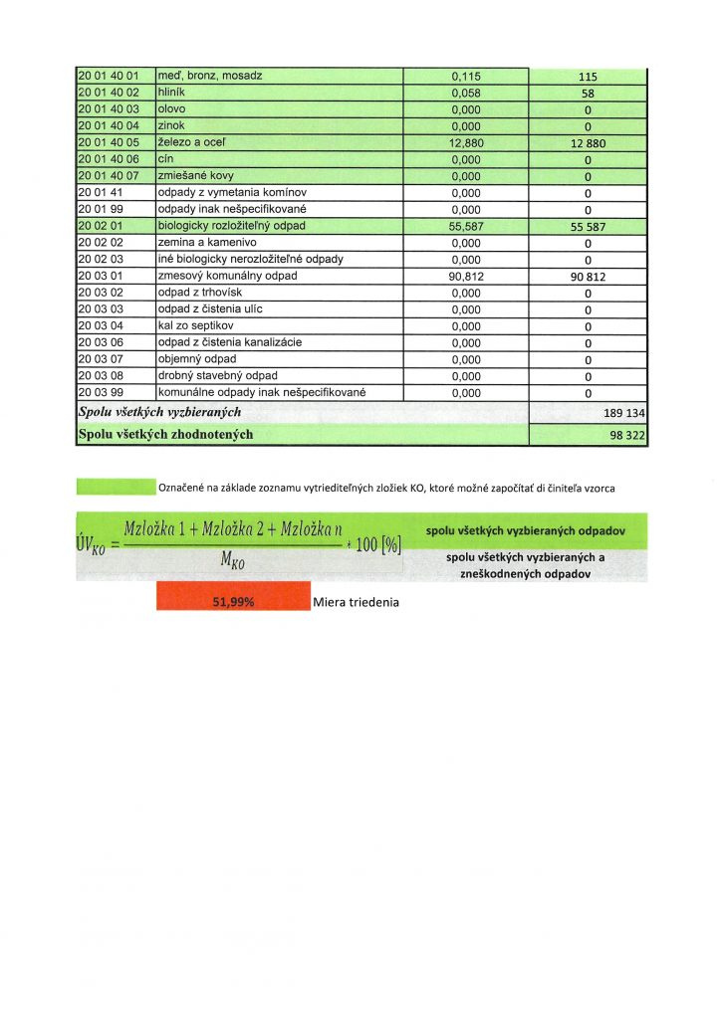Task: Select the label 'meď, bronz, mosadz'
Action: [210, 76]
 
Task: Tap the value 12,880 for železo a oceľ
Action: [466, 143]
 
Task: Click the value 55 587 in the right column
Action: [588, 227]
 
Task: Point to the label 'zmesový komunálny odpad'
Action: [227, 276]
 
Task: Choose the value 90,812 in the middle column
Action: [466, 276]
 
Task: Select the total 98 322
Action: [626, 435]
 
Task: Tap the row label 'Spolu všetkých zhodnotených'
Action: [165, 434]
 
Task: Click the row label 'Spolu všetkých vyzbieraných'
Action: [159, 411]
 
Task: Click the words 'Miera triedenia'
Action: [357, 602]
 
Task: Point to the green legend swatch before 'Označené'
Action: [116, 487]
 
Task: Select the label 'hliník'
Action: [174, 93]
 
